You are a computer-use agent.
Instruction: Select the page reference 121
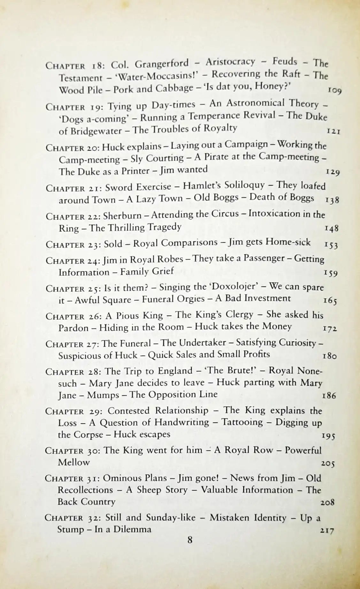(x=333, y=131)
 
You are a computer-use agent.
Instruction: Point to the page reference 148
(x=331, y=229)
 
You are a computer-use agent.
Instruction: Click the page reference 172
(x=330, y=328)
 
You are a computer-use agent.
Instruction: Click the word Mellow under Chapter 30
(x=74, y=462)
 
